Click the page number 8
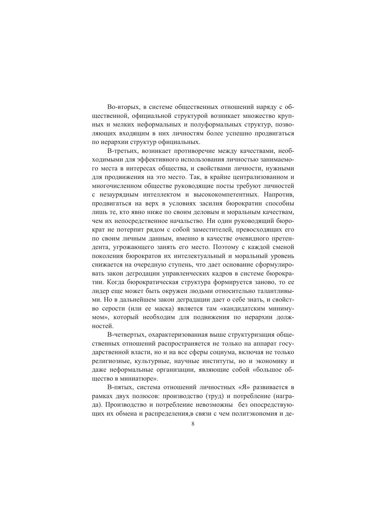click(193, 424)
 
